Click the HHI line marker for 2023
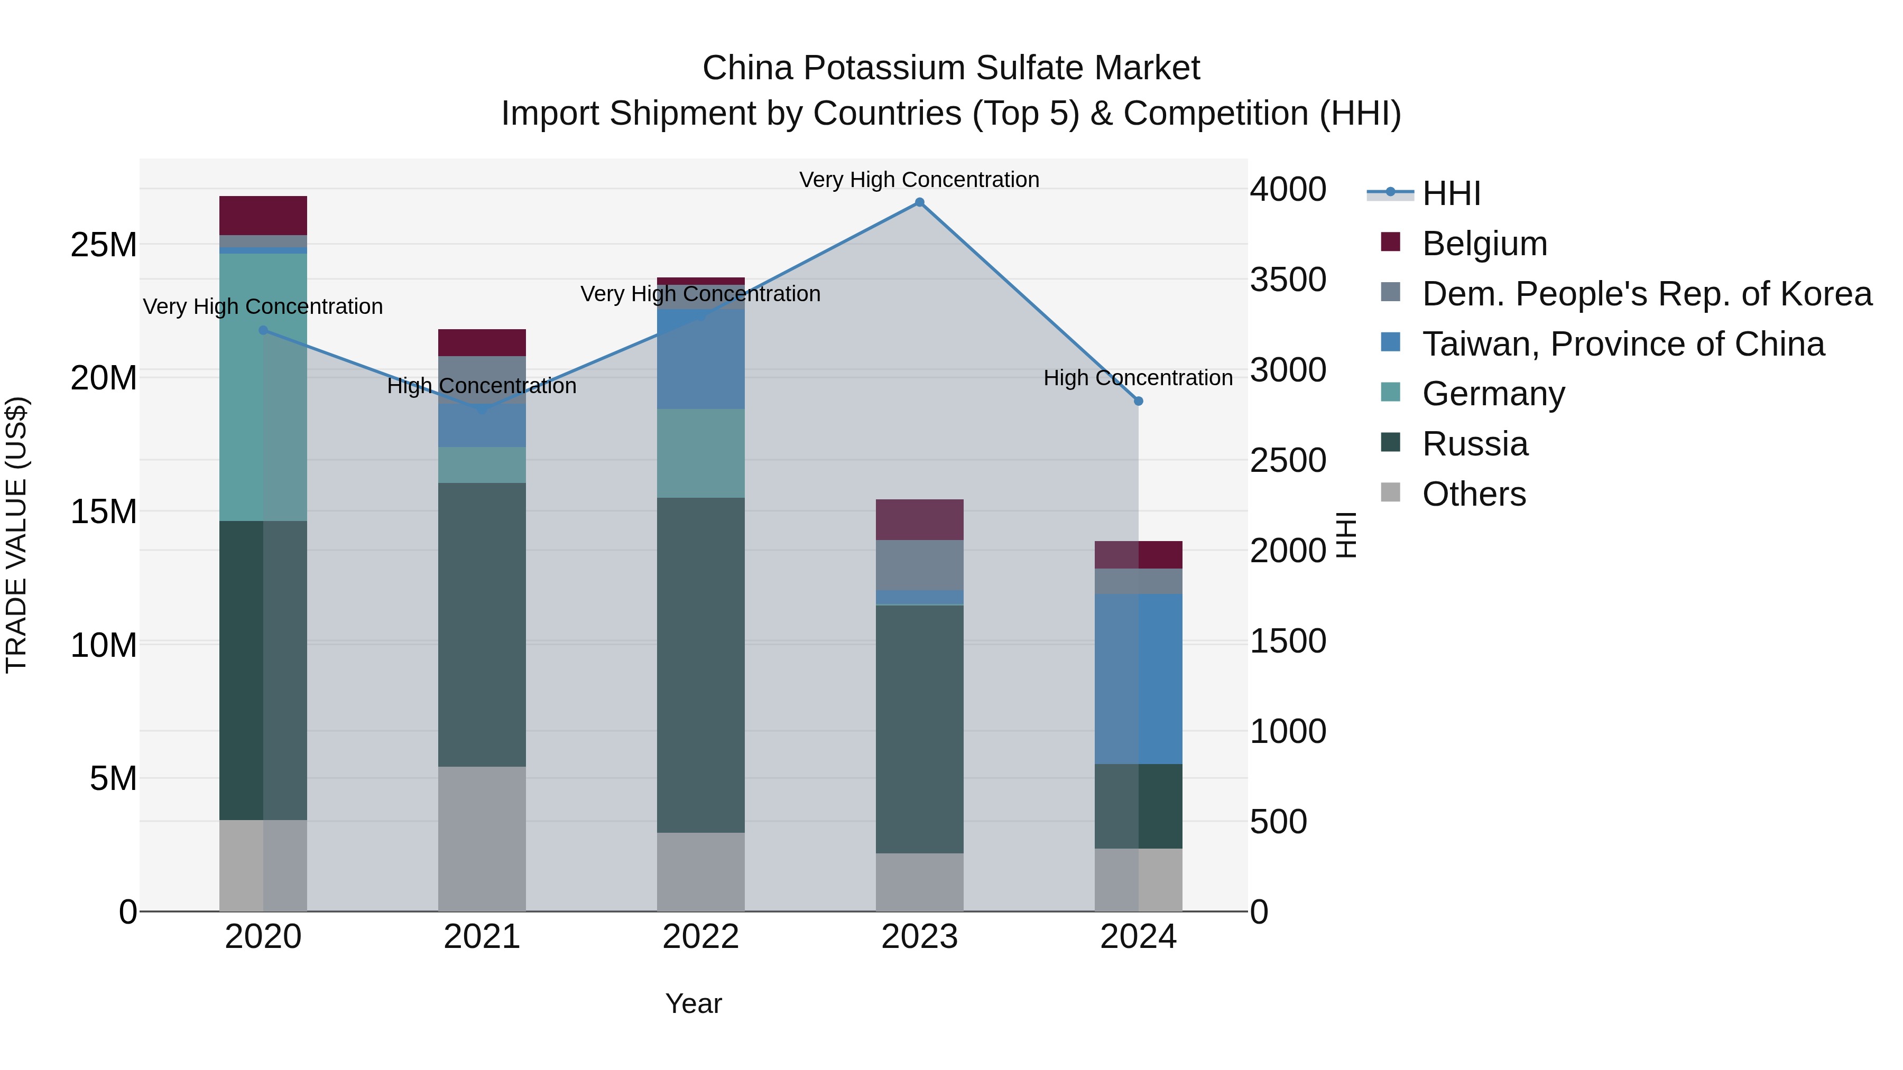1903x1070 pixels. pyautogui.click(x=919, y=202)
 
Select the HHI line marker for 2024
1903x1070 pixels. pyautogui.click(x=1138, y=401)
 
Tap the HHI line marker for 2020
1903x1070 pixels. pyautogui.click(x=263, y=330)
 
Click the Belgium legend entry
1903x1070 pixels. pyautogui.click(x=1483, y=244)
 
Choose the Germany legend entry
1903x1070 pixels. pyautogui.click(x=1492, y=394)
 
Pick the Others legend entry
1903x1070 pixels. pyautogui.click(x=1473, y=494)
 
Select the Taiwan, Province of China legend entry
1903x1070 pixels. pyautogui.click(x=1622, y=344)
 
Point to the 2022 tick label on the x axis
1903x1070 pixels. pyautogui.click(x=700, y=937)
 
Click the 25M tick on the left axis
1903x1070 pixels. pyautogui.click(x=104, y=245)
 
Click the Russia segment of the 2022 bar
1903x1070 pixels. pyautogui.click(x=700, y=665)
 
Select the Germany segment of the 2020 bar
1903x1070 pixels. pyautogui.click(x=263, y=388)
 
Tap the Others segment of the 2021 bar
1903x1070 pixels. pyautogui.click(x=482, y=838)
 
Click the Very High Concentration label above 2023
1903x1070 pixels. pyautogui.click(x=919, y=180)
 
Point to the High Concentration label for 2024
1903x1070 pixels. pyautogui.click(x=1138, y=378)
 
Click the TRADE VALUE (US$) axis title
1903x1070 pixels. pyautogui.click(x=16, y=535)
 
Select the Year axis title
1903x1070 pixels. pyautogui.click(x=693, y=1003)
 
